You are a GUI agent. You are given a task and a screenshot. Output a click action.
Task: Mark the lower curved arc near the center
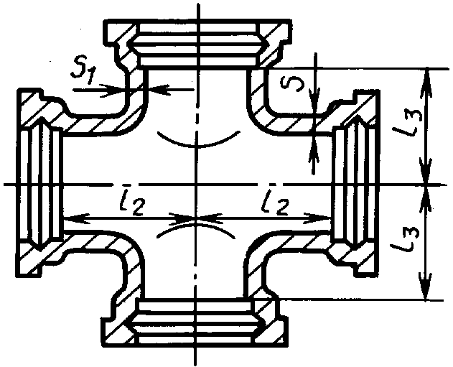coord(195,231)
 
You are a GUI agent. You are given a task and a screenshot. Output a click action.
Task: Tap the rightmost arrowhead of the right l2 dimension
coord(327,215)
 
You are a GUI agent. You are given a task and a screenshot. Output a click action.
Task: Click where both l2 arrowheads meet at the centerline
coord(195,215)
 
